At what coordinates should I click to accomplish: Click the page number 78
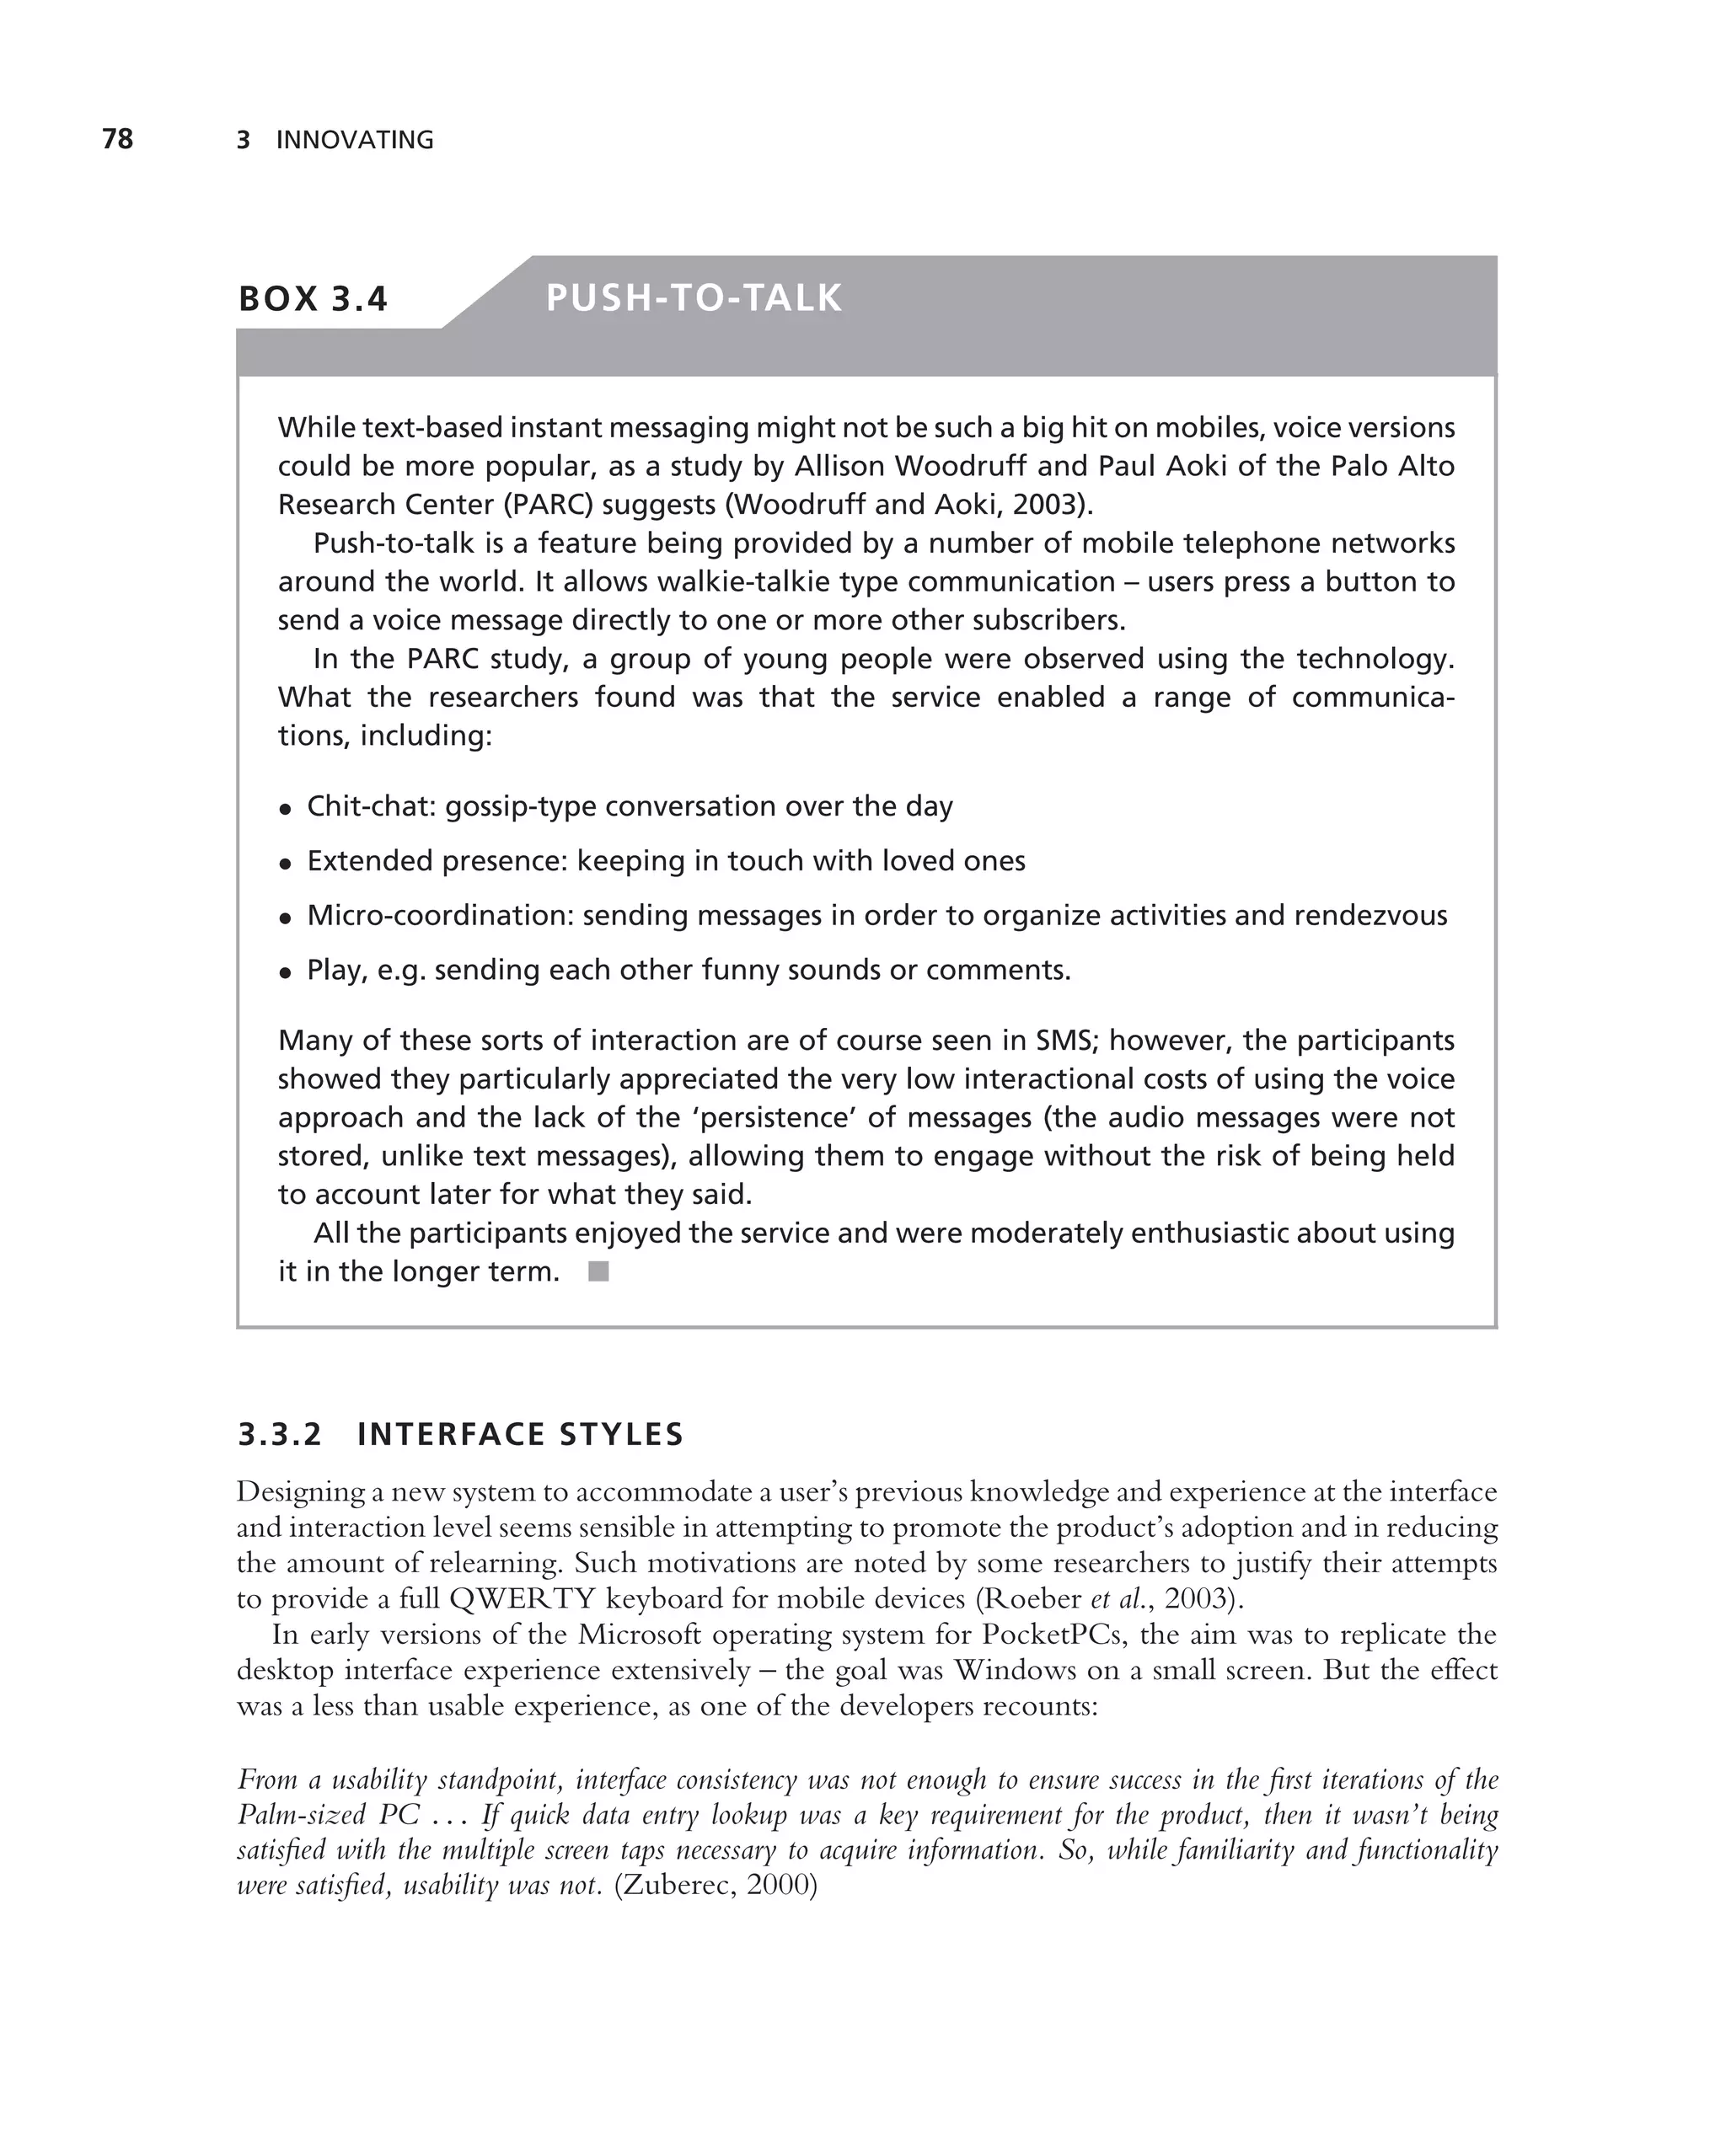[x=117, y=139]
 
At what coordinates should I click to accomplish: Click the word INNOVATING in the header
[x=354, y=141]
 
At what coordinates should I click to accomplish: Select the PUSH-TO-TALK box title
[x=694, y=298]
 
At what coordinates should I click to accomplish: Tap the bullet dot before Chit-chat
[x=286, y=809]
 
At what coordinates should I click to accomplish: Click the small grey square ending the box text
[x=598, y=1271]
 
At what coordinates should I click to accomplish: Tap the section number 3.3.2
[x=280, y=1434]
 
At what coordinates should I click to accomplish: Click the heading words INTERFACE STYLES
[x=520, y=1434]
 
